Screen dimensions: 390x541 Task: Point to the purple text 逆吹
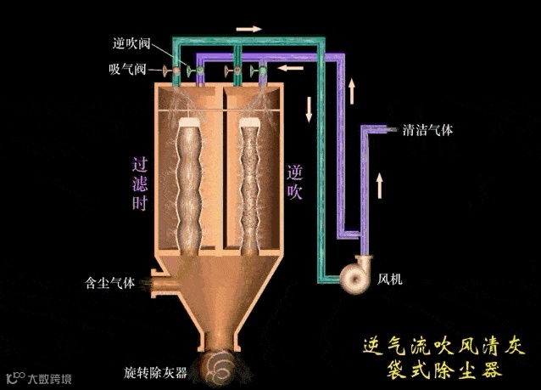click(x=294, y=183)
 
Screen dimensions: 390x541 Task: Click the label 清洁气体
click(x=428, y=131)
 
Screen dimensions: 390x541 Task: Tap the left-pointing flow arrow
click(x=291, y=67)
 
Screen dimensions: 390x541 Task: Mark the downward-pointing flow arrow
click(x=309, y=107)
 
